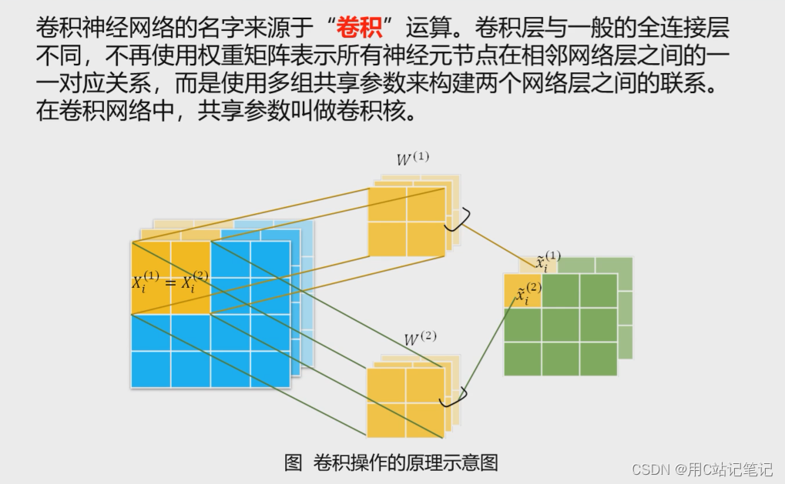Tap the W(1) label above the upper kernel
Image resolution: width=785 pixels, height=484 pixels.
(x=413, y=159)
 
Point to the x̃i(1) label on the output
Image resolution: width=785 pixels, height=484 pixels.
(x=548, y=262)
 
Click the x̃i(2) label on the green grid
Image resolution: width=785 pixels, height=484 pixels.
(x=528, y=293)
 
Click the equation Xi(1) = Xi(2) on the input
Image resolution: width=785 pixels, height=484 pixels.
(x=170, y=282)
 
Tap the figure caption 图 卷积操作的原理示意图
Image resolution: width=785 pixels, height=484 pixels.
(x=391, y=462)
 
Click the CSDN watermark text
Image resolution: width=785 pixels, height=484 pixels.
(x=702, y=469)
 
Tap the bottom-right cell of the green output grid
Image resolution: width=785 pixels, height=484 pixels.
(x=599, y=359)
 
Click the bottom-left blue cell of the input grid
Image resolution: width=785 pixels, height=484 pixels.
(x=151, y=369)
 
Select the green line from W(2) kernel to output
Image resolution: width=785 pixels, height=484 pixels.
(x=489, y=346)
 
